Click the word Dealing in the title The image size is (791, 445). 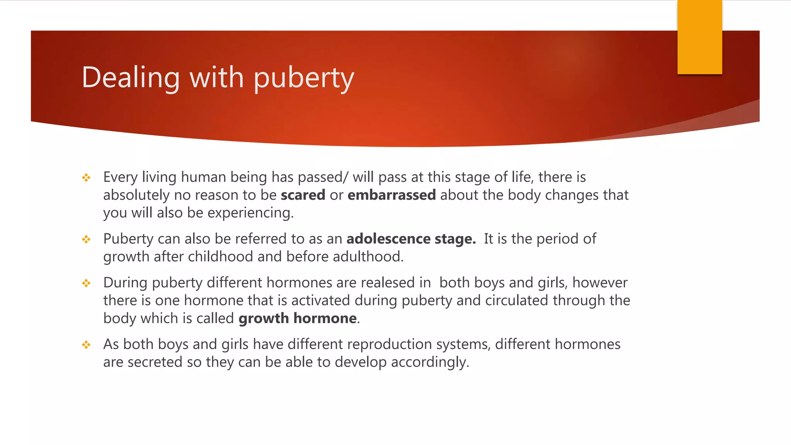coord(131,77)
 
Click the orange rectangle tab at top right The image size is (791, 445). coord(699,37)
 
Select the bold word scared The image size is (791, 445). coord(303,195)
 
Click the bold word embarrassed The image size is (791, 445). coord(391,195)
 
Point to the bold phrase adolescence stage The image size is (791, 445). coord(411,239)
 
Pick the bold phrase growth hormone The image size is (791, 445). coord(297,318)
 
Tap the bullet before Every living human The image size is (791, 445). coord(86,178)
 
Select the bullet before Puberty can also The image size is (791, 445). coord(86,239)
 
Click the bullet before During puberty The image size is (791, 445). coord(86,284)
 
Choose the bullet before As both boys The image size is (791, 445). coord(86,345)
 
